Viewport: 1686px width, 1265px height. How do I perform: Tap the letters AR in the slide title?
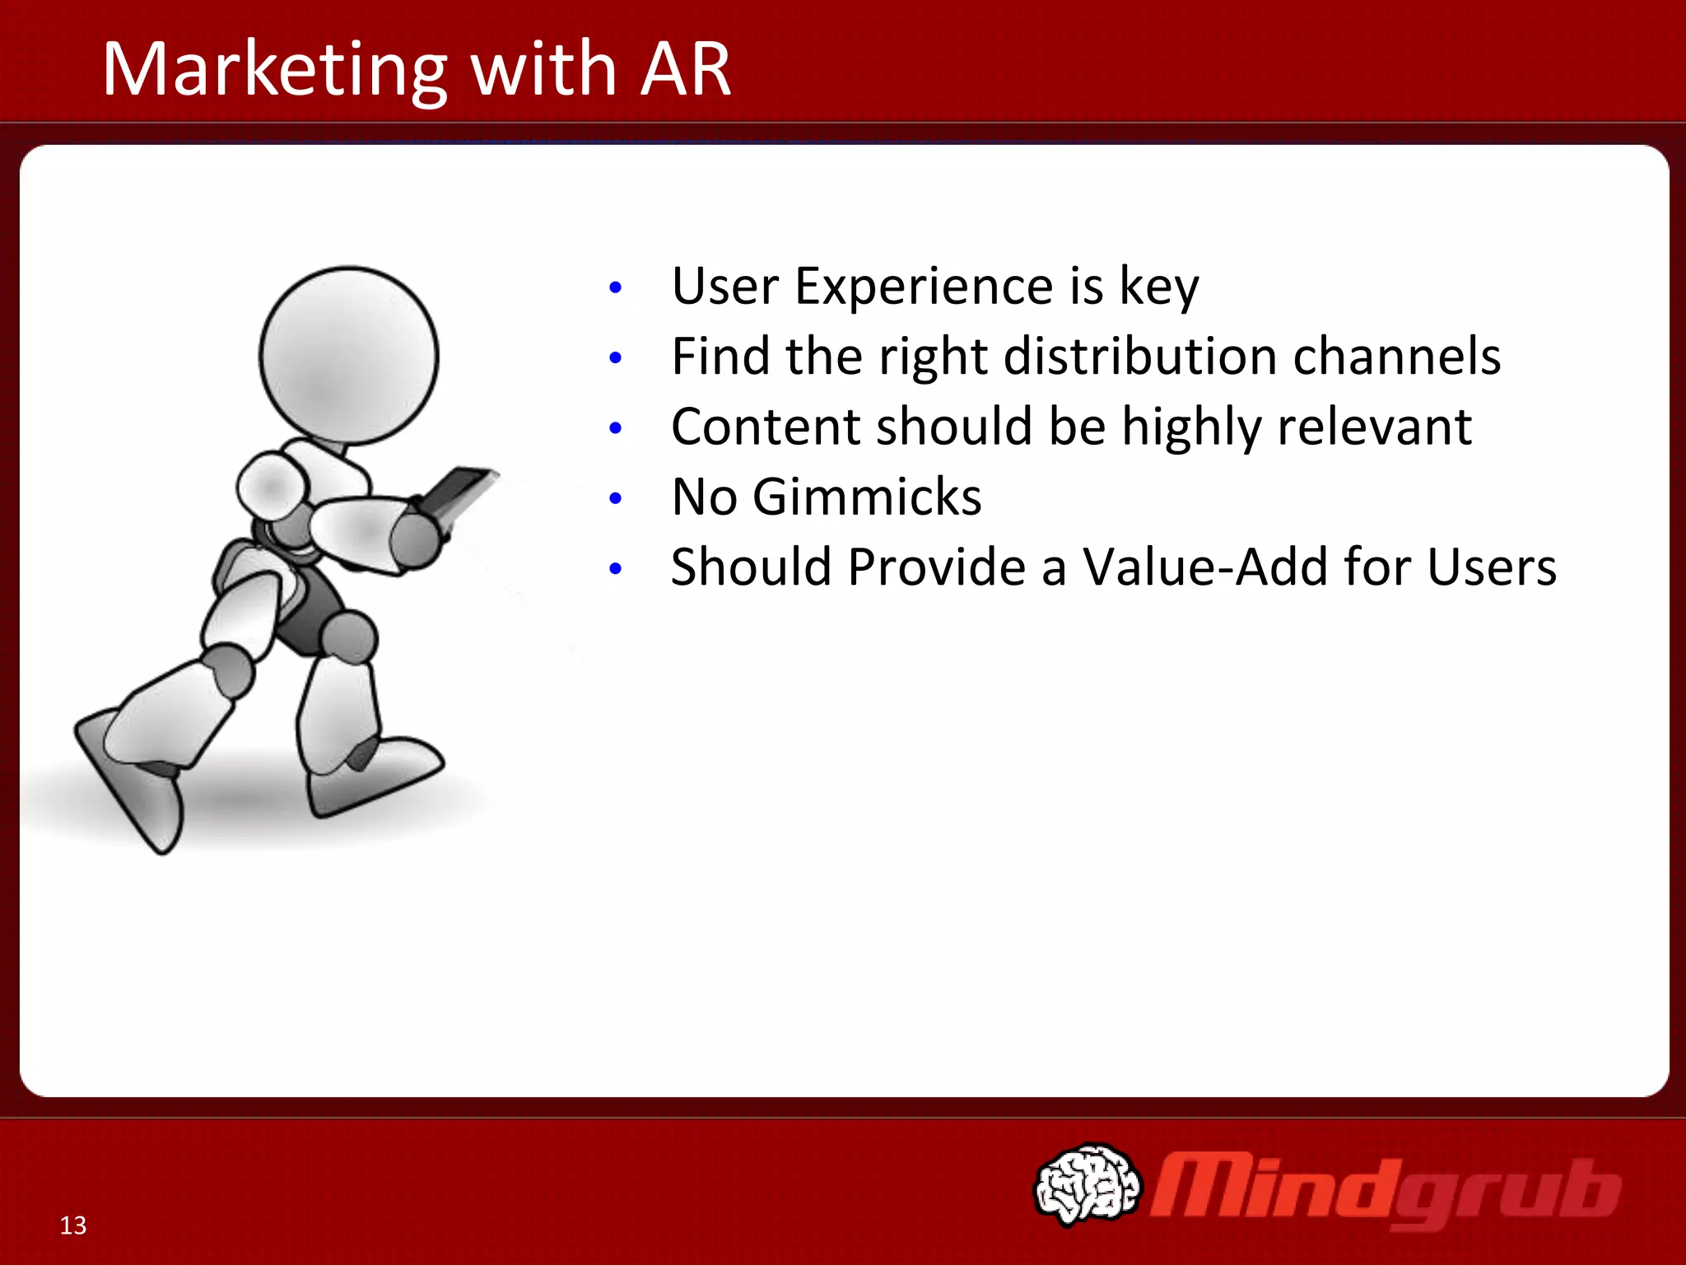pos(685,69)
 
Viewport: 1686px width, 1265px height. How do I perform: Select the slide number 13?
pos(72,1225)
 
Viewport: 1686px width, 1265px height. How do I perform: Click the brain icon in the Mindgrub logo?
pos(1088,1183)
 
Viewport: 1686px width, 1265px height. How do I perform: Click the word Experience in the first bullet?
pos(924,287)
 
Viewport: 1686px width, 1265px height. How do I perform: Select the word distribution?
pos(1140,357)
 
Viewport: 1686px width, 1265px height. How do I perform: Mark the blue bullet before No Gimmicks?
pos(615,499)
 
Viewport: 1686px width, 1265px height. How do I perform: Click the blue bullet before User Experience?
pos(615,288)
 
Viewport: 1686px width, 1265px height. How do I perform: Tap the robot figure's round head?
pos(349,356)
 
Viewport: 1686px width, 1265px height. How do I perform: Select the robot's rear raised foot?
pos(132,782)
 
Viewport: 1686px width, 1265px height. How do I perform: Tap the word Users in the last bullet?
pos(1491,567)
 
